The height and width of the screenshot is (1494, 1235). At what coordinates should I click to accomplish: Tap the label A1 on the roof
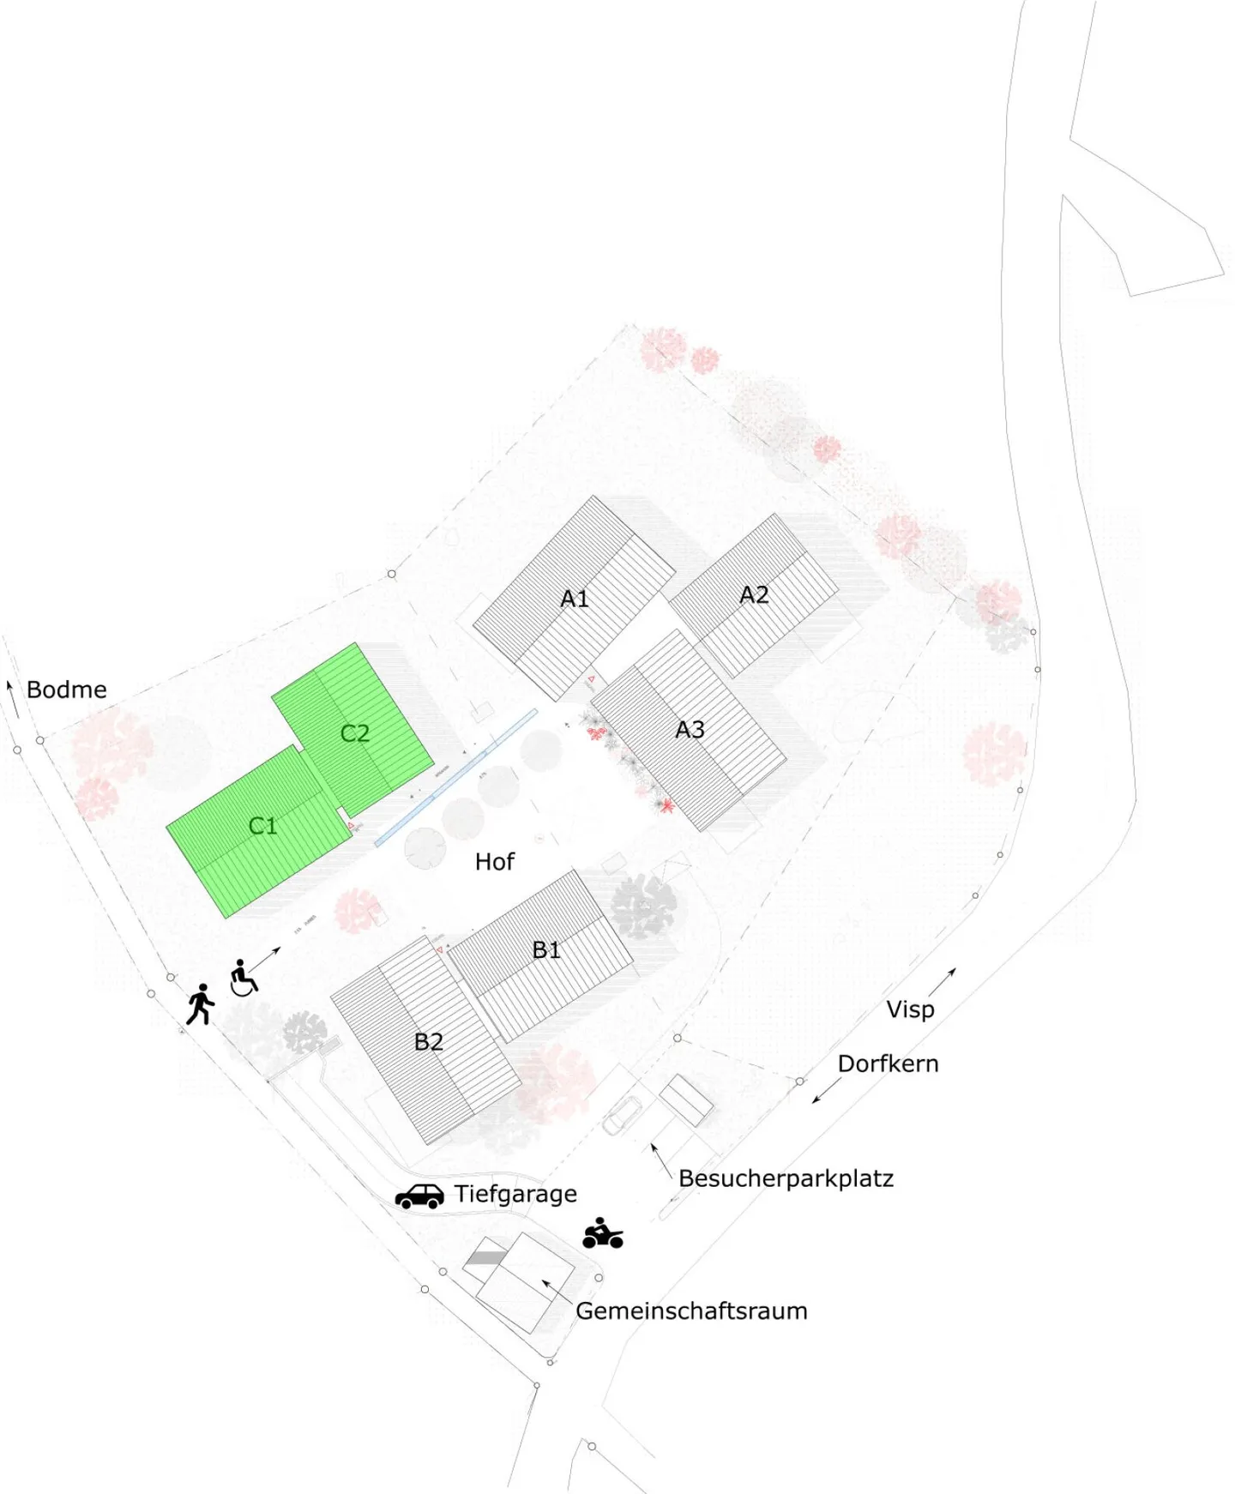[x=575, y=599]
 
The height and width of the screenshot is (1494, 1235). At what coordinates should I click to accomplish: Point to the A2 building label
[x=754, y=594]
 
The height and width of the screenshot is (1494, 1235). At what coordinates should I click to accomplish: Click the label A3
[x=690, y=729]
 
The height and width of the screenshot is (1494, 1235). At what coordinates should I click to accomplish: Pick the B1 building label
[x=546, y=949]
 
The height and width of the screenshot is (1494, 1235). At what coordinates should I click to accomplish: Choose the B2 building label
[x=429, y=1041]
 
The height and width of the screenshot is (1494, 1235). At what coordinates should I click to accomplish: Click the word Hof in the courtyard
[x=495, y=861]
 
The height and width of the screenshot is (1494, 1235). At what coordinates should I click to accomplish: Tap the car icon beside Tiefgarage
[x=419, y=1196]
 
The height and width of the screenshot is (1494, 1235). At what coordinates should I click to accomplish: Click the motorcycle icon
[x=602, y=1233]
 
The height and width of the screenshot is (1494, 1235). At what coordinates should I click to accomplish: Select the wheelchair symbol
[x=244, y=978]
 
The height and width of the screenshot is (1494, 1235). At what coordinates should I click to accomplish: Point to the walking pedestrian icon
[x=201, y=1003]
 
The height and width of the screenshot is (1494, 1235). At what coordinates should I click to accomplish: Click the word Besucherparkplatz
[x=786, y=1178]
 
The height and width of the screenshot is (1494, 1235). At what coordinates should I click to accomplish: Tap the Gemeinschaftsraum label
[x=691, y=1310]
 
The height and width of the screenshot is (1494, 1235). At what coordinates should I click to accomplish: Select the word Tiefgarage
[x=515, y=1194]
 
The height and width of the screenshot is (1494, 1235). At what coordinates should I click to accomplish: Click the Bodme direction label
[x=67, y=690]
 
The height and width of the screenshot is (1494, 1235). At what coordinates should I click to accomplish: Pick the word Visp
[x=910, y=1009]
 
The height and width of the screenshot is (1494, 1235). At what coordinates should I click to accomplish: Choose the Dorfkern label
[x=888, y=1063]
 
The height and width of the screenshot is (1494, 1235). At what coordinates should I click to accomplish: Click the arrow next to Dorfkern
[x=826, y=1090]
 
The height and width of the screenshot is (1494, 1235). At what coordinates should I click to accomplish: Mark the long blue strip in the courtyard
[x=456, y=777]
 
